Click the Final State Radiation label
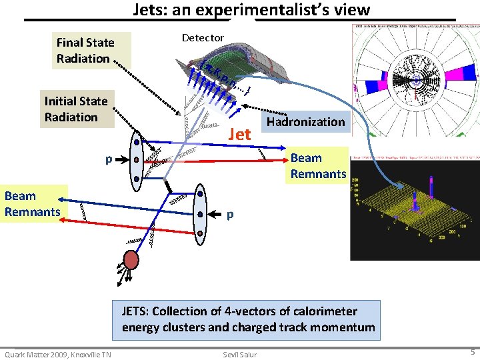(x=85, y=50)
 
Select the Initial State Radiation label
(x=75, y=109)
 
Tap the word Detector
(x=203, y=38)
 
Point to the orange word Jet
(x=239, y=134)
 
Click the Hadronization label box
(x=305, y=121)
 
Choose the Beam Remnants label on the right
(x=318, y=165)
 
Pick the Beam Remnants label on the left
(x=32, y=203)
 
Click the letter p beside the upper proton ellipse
(x=108, y=160)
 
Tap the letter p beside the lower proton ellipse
(x=229, y=215)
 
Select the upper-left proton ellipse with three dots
(x=136, y=160)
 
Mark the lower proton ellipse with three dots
(x=200, y=215)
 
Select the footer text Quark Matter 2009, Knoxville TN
(x=58, y=354)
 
